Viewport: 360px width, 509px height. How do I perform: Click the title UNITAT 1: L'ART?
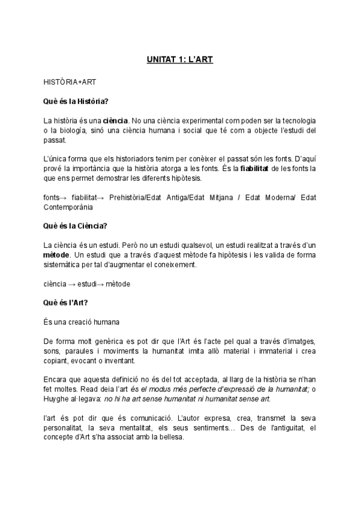click(x=180, y=60)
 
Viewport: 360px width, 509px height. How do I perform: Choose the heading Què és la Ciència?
click(x=75, y=226)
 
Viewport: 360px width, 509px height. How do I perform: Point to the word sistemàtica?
click(x=64, y=265)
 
